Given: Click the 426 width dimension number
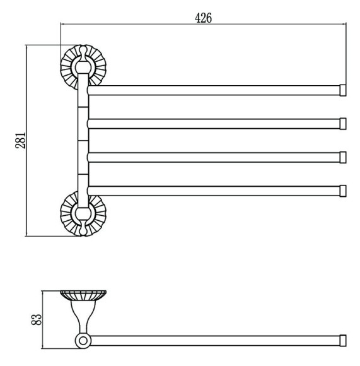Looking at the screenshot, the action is point(203,18).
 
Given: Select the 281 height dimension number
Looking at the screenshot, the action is point(20,140).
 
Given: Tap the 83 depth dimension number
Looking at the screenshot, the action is point(37,319).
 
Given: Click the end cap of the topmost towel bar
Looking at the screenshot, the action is point(343,90).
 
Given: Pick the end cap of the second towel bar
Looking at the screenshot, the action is point(343,124).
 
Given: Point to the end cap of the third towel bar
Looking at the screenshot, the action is point(343,157).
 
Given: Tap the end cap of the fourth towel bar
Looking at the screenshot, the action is point(343,191).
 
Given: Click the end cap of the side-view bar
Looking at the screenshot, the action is point(343,341).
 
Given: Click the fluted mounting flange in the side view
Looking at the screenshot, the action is point(83,295).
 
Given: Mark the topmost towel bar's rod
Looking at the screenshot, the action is point(214,90).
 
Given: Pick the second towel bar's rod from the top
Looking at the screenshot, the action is point(214,124).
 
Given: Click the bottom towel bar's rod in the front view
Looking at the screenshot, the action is point(214,191).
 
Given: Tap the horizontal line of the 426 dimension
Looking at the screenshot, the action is point(203,23).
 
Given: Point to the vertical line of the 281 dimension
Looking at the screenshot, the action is point(27,141).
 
